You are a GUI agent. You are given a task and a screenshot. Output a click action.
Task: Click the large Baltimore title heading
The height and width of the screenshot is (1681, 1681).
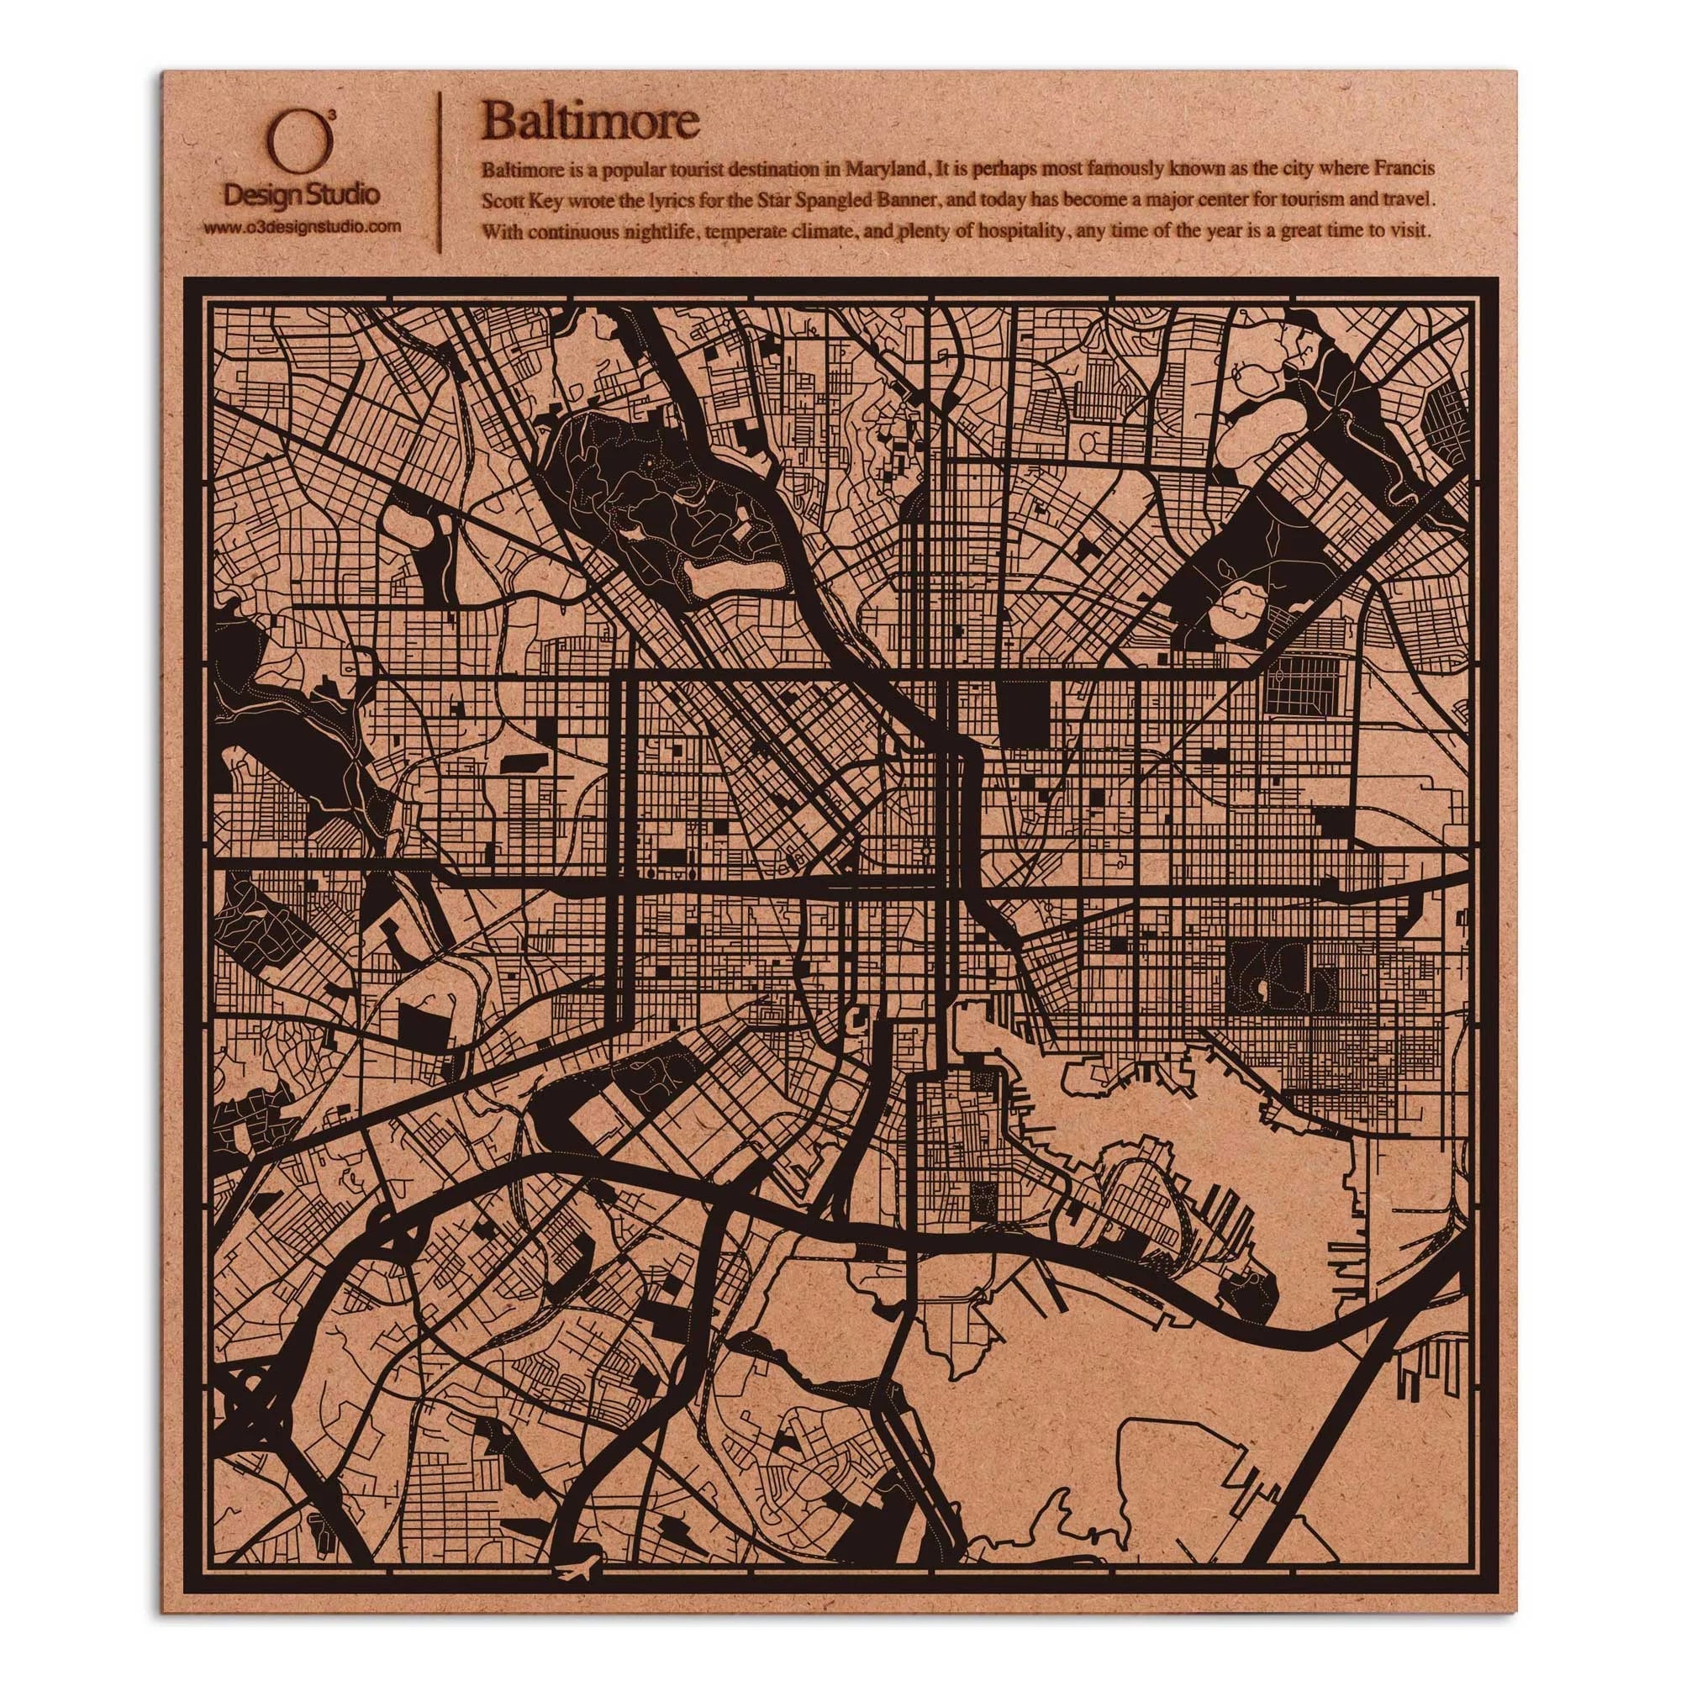point(591,121)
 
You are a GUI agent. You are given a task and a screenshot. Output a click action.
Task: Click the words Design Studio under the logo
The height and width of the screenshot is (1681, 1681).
point(301,195)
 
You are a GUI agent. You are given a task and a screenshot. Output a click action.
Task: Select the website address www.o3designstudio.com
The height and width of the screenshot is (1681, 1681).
point(302,226)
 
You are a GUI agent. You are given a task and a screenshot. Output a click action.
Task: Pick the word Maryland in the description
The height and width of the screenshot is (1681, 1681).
point(881,168)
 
